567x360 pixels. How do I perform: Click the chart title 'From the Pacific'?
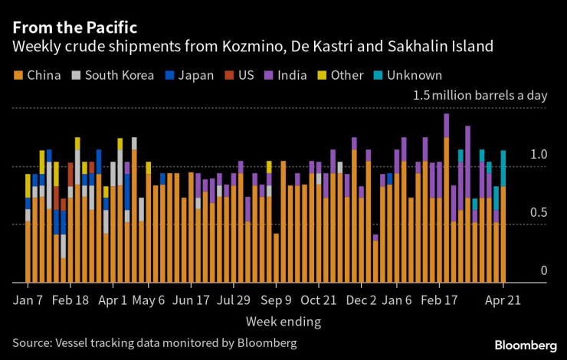pos(74,27)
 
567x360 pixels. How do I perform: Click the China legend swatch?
pos(18,75)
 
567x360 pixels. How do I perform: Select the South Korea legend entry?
pos(106,75)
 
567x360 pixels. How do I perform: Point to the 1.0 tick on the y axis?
pos(539,155)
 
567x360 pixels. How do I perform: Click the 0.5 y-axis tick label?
pos(539,212)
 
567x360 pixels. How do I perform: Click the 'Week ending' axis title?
pos(283,320)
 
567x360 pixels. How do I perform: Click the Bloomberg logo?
pos(525,343)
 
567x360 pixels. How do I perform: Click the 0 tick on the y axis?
pos(544,270)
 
